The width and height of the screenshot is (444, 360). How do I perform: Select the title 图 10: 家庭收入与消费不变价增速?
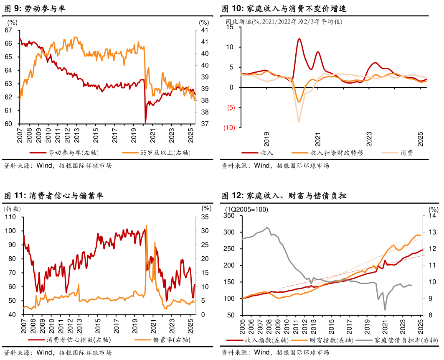[284, 8]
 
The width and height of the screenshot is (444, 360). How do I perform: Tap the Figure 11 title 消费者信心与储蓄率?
[53, 196]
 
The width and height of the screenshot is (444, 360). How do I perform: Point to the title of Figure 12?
[284, 196]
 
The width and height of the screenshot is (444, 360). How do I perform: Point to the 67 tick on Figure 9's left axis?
[8, 30]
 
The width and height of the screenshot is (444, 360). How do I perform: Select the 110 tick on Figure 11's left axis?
[10, 217]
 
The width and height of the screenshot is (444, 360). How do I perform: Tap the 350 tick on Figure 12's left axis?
[230, 216]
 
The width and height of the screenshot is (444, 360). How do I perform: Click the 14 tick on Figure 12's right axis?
[432, 216]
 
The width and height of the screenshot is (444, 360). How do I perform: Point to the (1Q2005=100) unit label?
[247, 209]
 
